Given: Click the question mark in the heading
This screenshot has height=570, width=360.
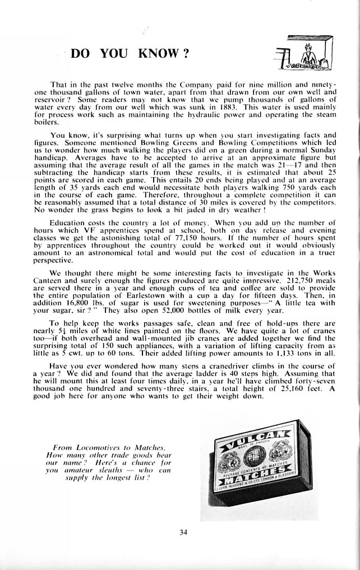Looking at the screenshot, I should pyautogui.click(x=184, y=54).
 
